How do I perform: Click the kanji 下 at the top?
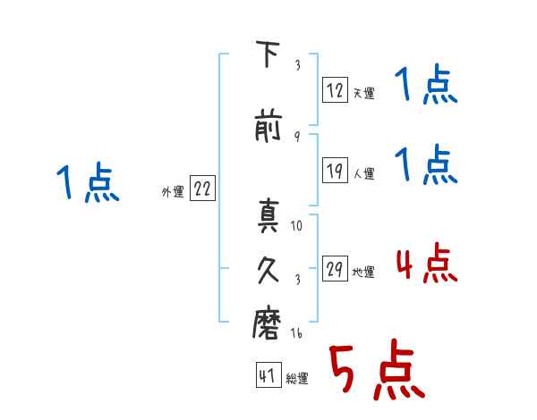(x=268, y=54)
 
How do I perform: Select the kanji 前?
(x=268, y=125)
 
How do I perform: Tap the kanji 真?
(x=268, y=215)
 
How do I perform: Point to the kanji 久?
(x=268, y=270)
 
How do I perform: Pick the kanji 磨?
(x=267, y=323)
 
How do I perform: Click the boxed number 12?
(x=335, y=89)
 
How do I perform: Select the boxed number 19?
(x=335, y=170)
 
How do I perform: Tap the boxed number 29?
(x=335, y=268)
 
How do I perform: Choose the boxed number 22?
(x=202, y=188)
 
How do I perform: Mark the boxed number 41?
(x=268, y=374)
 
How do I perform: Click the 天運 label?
(x=364, y=93)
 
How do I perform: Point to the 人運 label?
(x=364, y=173)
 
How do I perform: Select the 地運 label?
(x=363, y=272)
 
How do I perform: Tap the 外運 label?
(x=173, y=192)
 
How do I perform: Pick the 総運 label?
(x=297, y=378)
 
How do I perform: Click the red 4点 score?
(x=426, y=263)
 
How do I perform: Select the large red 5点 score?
(x=377, y=369)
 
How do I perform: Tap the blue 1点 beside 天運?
(x=426, y=84)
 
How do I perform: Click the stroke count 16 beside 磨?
(x=296, y=332)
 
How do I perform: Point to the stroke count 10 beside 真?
(x=296, y=225)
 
